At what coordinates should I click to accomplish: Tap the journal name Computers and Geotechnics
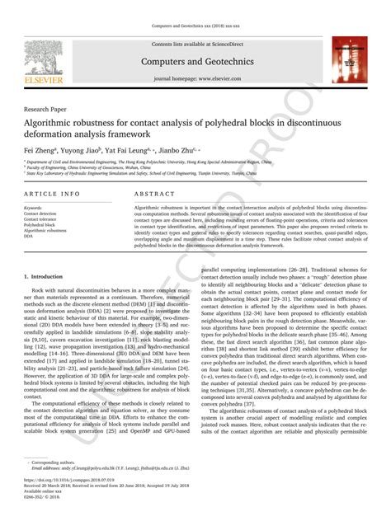pos(195,62)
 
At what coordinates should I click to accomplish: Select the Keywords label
pos(33,208)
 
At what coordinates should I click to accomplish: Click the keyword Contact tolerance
pos(40,218)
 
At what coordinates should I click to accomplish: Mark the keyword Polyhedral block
pos(38,223)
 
